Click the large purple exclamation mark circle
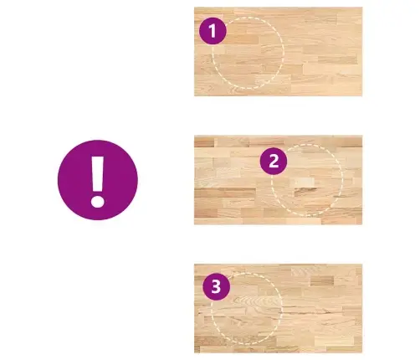click(98, 180)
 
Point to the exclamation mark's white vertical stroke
click(98, 173)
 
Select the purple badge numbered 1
click(213, 31)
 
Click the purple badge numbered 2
click(274, 161)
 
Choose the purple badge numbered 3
click(216, 286)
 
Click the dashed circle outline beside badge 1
click(284, 53)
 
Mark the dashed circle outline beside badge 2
click(342, 180)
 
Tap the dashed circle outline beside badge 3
click(282, 308)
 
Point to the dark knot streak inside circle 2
click(305, 192)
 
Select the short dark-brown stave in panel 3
click(322, 280)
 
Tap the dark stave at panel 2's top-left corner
click(204, 142)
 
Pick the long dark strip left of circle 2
click(225, 193)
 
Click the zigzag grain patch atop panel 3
click(307, 270)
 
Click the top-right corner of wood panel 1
click(362, 8)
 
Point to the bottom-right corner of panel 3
click(362, 352)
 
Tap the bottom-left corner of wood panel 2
click(194, 224)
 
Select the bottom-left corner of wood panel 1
click(194, 96)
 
